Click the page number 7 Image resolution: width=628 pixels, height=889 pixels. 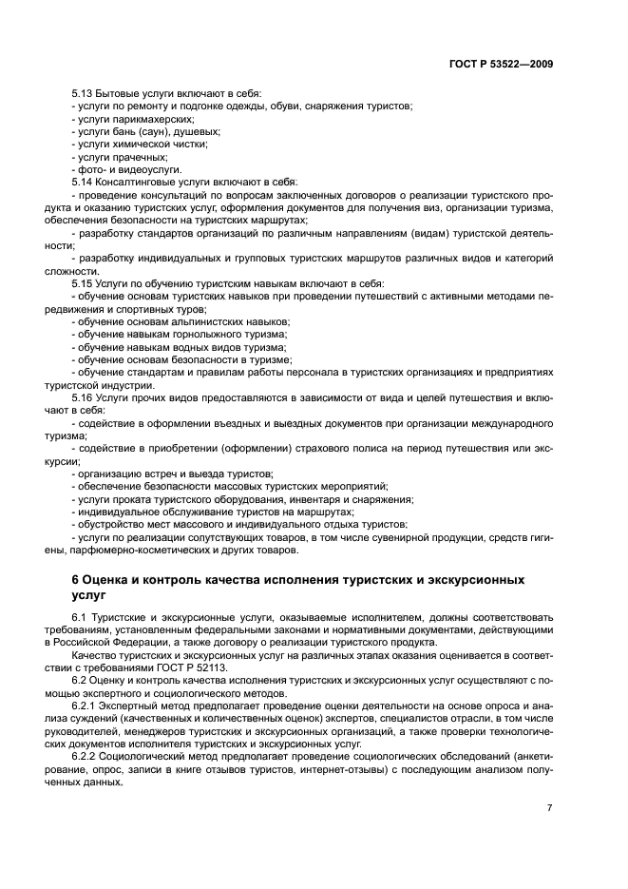click(x=550, y=809)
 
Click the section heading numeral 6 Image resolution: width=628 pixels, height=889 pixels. click(x=76, y=579)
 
